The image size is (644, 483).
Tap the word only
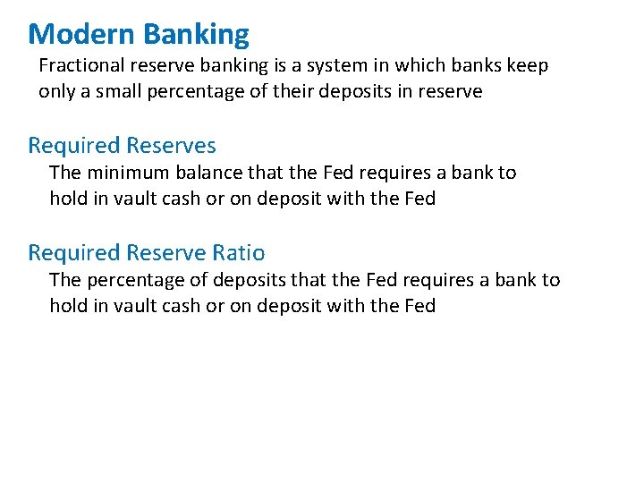(56, 91)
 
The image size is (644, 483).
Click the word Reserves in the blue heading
(171, 145)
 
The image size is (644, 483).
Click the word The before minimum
(65, 172)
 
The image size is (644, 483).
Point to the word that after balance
(265, 172)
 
